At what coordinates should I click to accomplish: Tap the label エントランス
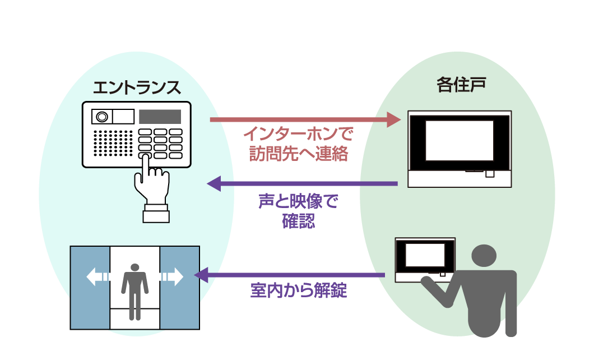point(137,87)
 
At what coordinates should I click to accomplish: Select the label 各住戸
point(461,85)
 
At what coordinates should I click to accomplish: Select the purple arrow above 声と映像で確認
point(303,183)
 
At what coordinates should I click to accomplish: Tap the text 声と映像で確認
point(299,211)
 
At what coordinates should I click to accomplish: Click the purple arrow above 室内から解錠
point(289,275)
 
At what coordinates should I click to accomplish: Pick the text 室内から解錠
point(299,291)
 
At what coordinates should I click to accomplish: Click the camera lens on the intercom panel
point(101,117)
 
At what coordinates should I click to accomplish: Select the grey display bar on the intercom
point(160,117)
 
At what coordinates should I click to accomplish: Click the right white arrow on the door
point(172,276)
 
